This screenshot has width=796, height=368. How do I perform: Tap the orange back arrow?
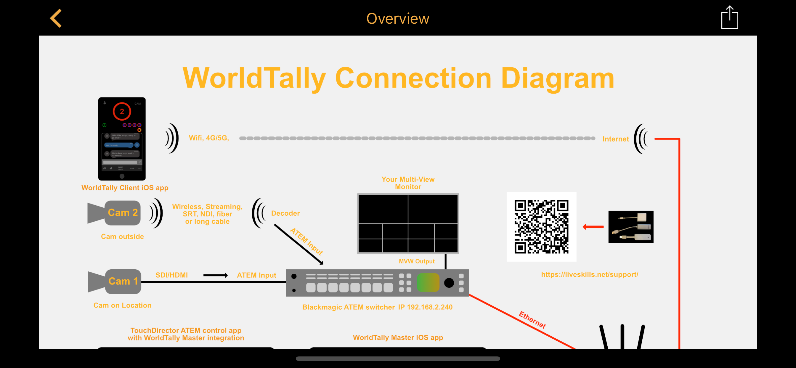56,18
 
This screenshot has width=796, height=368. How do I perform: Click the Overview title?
398,19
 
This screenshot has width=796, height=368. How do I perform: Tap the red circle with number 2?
122,111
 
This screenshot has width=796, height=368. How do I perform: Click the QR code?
541,227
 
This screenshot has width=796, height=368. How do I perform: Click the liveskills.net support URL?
589,275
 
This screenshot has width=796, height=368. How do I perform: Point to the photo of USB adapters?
631,227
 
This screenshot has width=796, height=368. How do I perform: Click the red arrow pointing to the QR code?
593,227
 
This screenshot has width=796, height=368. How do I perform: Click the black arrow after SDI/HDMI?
215,275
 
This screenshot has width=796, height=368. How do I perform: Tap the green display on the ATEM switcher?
428,282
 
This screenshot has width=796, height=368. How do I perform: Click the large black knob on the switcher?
449,283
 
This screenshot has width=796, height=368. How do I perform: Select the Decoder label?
285,213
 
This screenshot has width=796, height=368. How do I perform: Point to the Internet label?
615,139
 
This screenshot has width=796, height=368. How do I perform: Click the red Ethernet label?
532,320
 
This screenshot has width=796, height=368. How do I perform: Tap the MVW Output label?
416,261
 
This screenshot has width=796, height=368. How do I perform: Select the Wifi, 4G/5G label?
209,138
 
